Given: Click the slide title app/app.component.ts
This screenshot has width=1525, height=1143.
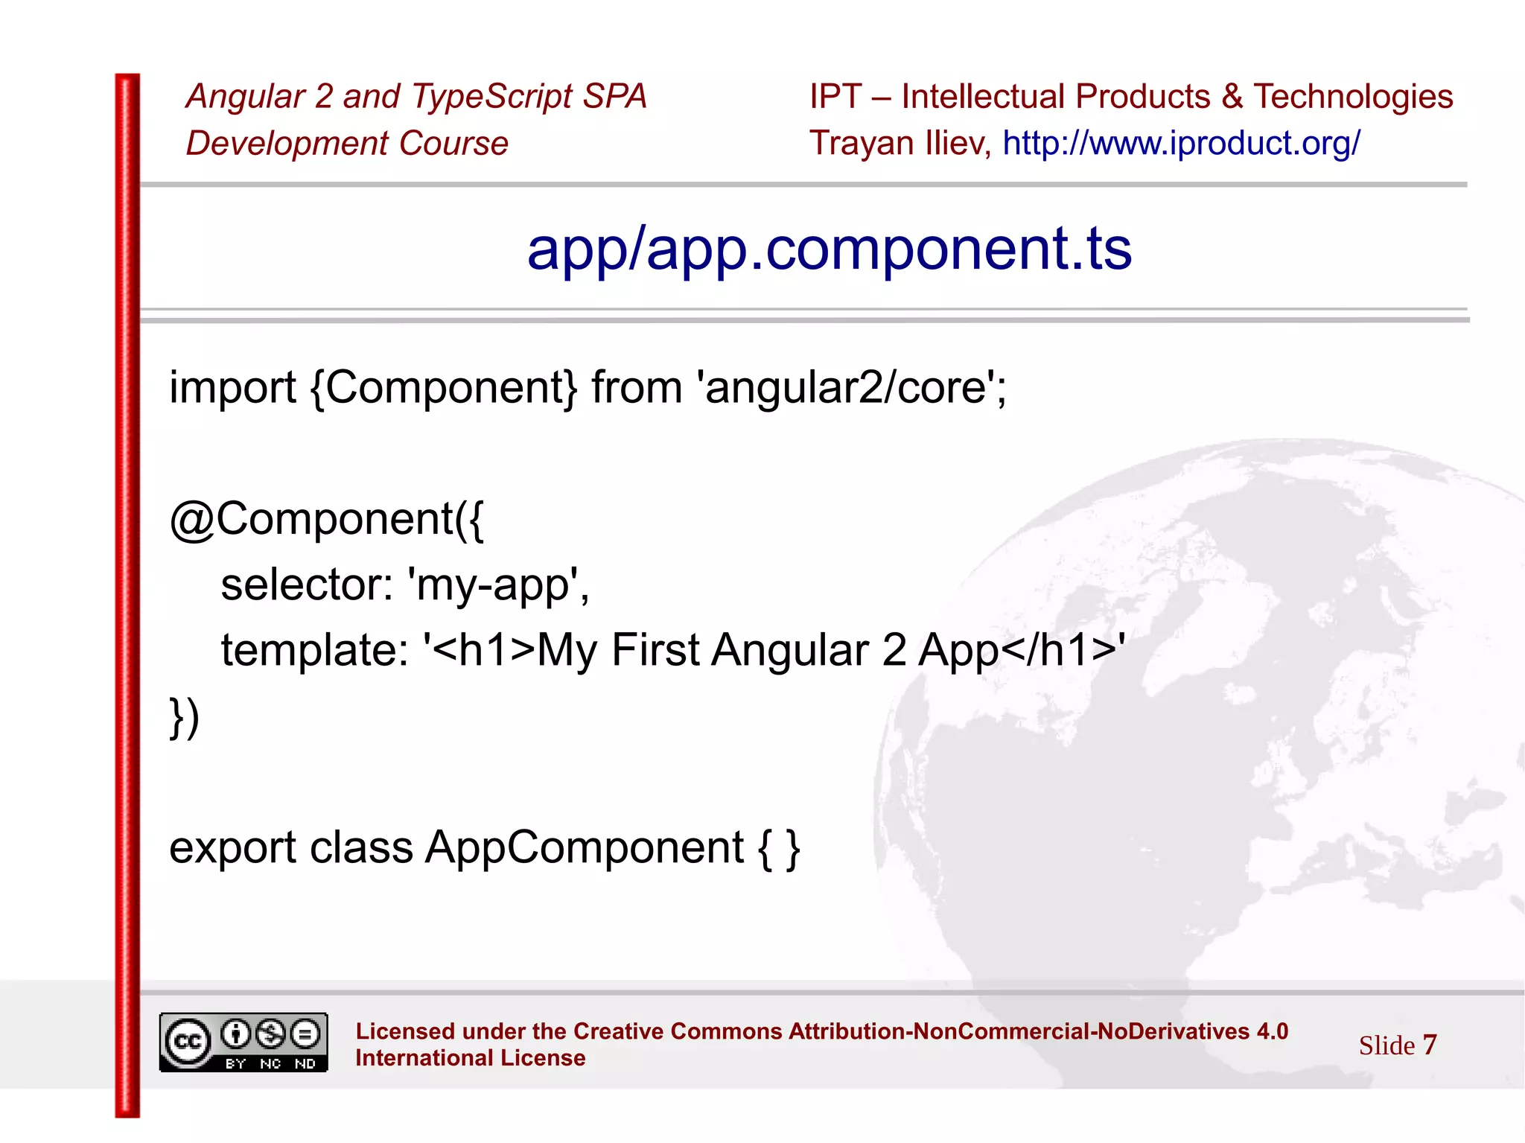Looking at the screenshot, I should (829, 249).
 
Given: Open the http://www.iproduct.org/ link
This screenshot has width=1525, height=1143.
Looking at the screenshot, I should (1181, 143).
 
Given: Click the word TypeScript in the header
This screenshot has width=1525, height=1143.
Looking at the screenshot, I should (491, 97).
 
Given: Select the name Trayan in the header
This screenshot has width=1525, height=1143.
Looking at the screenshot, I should (862, 143).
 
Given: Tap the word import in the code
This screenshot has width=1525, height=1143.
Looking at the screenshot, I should (232, 388).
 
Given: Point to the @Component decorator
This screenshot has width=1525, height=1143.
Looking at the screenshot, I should (325, 519).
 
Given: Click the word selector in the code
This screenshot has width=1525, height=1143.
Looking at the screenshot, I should (306, 585).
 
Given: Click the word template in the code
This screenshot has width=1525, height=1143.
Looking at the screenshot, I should (313, 650).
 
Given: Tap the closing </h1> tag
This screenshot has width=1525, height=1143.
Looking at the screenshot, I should (1058, 650).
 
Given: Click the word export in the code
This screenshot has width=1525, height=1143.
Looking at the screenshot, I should (233, 848).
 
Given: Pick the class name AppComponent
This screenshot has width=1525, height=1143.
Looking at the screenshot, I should (585, 848).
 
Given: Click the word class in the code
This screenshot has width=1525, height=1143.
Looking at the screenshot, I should (361, 848).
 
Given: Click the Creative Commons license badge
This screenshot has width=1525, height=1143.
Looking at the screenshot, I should (243, 1042).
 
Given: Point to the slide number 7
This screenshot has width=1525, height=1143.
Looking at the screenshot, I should (1429, 1045).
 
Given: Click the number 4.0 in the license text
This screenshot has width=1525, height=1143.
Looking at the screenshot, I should (1272, 1031).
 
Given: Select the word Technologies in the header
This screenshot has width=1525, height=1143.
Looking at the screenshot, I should (1353, 97).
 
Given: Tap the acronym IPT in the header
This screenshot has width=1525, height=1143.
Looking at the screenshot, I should (835, 97).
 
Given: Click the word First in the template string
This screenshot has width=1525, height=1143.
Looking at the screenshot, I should (655, 650).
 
